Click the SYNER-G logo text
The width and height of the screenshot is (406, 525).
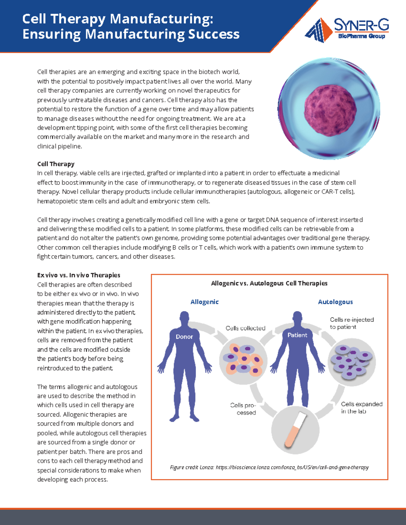coord(361,25)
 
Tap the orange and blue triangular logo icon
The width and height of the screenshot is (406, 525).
coord(319,30)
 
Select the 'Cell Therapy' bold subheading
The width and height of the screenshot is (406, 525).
coord(56,164)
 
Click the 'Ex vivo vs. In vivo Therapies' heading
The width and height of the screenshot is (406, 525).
coord(79,275)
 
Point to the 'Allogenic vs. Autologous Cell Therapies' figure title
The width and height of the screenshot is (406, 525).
coord(269,283)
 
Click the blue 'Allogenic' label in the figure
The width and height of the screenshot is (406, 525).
coord(204,302)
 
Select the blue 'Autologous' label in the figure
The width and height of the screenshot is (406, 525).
coord(335,302)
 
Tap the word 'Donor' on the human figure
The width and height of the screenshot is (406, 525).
coord(184,337)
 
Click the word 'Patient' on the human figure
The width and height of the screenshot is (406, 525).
coord(297,335)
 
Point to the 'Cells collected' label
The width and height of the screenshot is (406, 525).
coord(245,328)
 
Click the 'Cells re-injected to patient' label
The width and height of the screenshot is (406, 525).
coord(352,323)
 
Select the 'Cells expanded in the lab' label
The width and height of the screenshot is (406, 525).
coord(361,408)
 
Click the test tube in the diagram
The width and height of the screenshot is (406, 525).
coord(295,429)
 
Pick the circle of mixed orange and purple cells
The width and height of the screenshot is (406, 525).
coord(243,360)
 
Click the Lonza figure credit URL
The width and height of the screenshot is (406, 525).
coord(292,468)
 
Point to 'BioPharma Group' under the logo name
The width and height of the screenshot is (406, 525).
coord(361,36)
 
